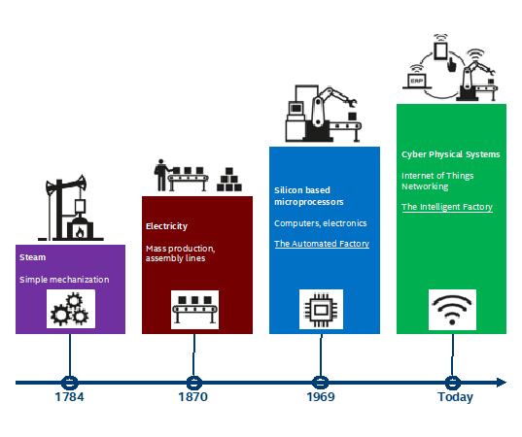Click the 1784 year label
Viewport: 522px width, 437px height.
[69, 397]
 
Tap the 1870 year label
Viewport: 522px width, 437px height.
[193, 397]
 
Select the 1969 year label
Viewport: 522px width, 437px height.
[321, 397]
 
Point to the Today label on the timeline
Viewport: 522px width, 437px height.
[455, 397]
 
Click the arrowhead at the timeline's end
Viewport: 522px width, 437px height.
[502, 383]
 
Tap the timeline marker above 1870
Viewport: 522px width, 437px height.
[194, 383]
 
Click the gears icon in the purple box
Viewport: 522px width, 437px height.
[70, 309]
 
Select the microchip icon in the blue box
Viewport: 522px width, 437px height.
[321, 310]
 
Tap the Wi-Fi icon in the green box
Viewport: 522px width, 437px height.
[452, 310]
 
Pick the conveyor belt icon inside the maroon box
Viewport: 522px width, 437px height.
[194, 310]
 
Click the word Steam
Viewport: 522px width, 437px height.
[33, 257]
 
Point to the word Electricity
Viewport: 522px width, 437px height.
[166, 226]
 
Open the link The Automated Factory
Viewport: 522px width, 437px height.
[322, 244]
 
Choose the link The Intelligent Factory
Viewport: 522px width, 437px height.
[447, 207]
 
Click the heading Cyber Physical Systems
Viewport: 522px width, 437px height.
[451, 154]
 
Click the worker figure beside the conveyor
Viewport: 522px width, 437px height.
[161, 175]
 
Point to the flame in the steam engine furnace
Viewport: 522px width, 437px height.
[80, 232]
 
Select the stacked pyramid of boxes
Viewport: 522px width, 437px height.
[229, 180]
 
